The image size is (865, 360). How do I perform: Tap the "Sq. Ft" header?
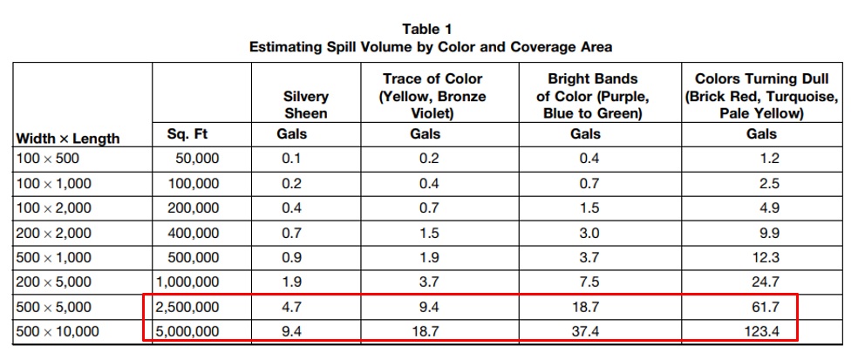187,133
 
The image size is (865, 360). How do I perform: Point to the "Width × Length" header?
68,139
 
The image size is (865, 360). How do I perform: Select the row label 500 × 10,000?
58,331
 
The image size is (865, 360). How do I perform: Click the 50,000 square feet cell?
197,159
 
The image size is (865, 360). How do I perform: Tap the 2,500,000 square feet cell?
188,307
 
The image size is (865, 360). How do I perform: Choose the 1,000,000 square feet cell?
188,282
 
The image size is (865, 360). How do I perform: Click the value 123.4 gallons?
761,331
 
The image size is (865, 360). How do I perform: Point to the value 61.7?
762,307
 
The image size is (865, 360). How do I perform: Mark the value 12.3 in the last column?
762,257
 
